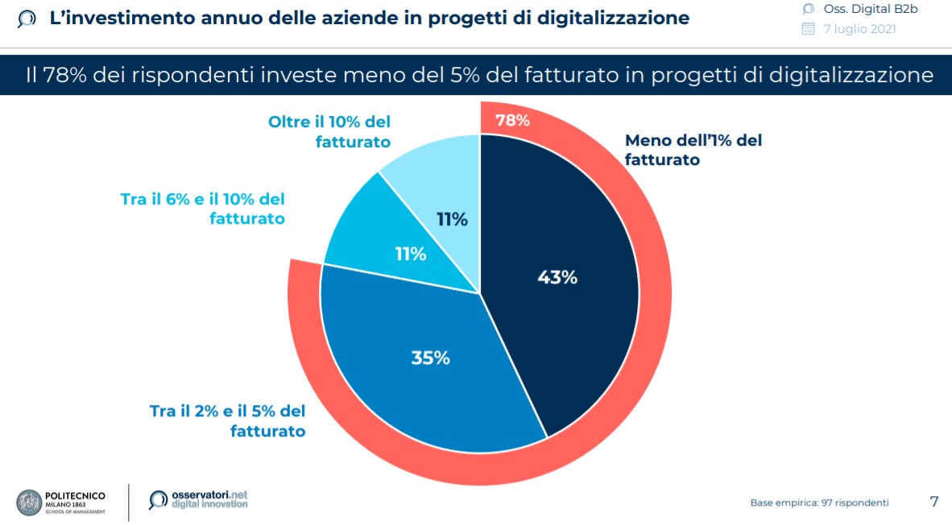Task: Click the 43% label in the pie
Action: pyautogui.click(x=557, y=277)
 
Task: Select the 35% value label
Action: pyautogui.click(x=430, y=358)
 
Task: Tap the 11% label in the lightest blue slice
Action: pyautogui.click(x=453, y=219)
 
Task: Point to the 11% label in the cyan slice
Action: pyautogui.click(x=410, y=254)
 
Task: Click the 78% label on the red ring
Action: pyautogui.click(x=512, y=121)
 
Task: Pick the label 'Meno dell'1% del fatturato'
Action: pyautogui.click(x=693, y=150)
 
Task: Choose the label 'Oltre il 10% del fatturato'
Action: pyautogui.click(x=329, y=132)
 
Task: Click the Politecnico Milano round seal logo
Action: pyautogui.click(x=30, y=502)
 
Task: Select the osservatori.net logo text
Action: pyautogui.click(x=209, y=494)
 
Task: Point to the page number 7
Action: pyautogui.click(x=933, y=502)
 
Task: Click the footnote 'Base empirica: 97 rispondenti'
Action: pyautogui.click(x=819, y=502)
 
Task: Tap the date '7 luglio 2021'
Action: pyautogui.click(x=859, y=29)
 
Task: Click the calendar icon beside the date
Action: pyautogui.click(x=809, y=29)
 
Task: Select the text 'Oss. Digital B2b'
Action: pyautogui.click(x=870, y=9)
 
